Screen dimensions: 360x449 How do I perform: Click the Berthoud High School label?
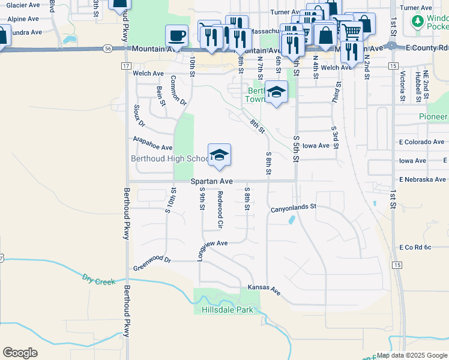(x=170, y=159)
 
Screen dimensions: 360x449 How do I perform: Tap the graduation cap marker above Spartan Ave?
(x=220, y=155)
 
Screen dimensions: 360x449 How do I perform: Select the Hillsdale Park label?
(x=228, y=310)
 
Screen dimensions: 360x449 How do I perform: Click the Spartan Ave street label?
(x=212, y=181)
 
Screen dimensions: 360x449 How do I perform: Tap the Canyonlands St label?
(x=293, y=207)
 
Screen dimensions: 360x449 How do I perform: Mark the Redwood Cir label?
(x=220, y=209)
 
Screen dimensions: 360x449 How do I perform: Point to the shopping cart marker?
(x=351, y=28)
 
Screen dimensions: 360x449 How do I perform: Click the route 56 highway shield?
(x=107, y=48)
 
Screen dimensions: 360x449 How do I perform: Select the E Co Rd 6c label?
(x=415, y=247)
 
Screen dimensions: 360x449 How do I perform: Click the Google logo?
(x=20, y=353)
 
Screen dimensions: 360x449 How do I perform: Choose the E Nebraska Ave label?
(x=423, y=179)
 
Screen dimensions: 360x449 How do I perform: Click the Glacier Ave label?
(x=24, y=5)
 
